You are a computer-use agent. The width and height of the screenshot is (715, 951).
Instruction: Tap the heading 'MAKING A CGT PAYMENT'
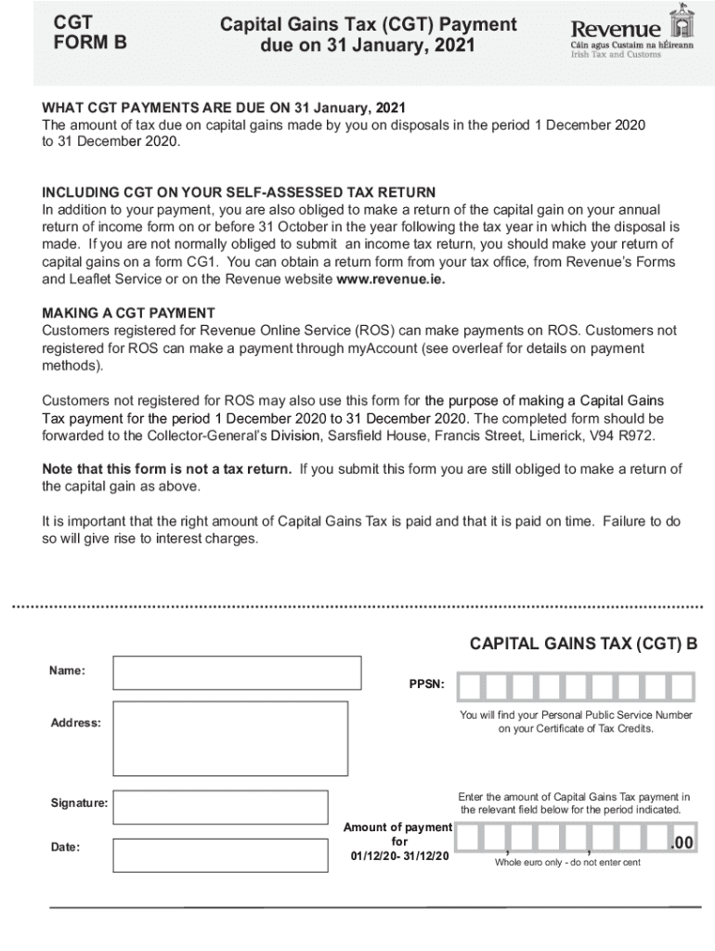coord(128,313)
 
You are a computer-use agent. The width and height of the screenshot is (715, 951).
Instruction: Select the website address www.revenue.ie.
coord(391,279)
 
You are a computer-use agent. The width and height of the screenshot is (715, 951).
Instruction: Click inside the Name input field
coord(237,672)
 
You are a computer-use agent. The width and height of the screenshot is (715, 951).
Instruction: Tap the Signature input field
coord(220,807)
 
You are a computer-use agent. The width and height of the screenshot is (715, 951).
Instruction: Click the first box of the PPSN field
coord(470,686)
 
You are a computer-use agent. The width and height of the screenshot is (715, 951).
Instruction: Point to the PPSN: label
coord(426,684)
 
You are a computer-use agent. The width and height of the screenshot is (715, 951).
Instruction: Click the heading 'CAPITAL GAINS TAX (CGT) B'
coord(583,644)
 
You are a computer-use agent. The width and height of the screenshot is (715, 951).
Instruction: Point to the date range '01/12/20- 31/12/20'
coord(399,855)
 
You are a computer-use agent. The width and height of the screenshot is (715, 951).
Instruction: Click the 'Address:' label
coord(76,723)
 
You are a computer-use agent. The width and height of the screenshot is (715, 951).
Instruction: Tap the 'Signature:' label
coord(79,802)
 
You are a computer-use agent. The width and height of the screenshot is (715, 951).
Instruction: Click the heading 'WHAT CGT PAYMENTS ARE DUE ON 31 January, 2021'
coord(224,108)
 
